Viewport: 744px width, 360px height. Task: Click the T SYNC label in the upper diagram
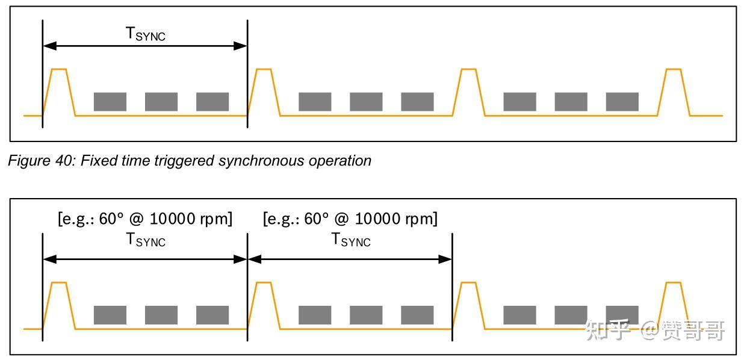click(x=146, y=34)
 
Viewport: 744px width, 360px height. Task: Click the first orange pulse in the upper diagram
click(x=59, y=92)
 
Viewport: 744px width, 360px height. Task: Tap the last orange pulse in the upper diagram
click(x=674, y=92)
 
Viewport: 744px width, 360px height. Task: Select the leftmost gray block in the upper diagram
click(x=110, y=102)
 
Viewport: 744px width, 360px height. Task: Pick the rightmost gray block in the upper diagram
click(x=622, y=102)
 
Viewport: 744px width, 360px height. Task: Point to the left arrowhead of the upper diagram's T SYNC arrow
click(x=50, y=46)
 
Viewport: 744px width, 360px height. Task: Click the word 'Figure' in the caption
click(x=29, y=161)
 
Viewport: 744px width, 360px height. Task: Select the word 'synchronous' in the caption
click(x=261, y=161)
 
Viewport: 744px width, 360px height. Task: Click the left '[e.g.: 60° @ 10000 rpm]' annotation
click(x=145, y=219)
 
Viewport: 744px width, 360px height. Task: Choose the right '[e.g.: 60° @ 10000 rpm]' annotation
click(x=350, y=219)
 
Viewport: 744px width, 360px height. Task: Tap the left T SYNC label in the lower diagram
click(x=146, y=240)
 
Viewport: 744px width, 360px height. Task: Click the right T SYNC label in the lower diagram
click(x=351, y=240)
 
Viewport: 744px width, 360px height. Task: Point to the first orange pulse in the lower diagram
click(x=59, y=306)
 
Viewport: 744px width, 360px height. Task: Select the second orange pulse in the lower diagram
click(x=264, y=306)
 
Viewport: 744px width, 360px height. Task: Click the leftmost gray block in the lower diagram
click(x=110, y=315)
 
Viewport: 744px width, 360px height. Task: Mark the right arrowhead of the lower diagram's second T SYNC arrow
click(x=445, y=259)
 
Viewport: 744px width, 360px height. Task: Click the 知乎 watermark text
click(x=608, y=330)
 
